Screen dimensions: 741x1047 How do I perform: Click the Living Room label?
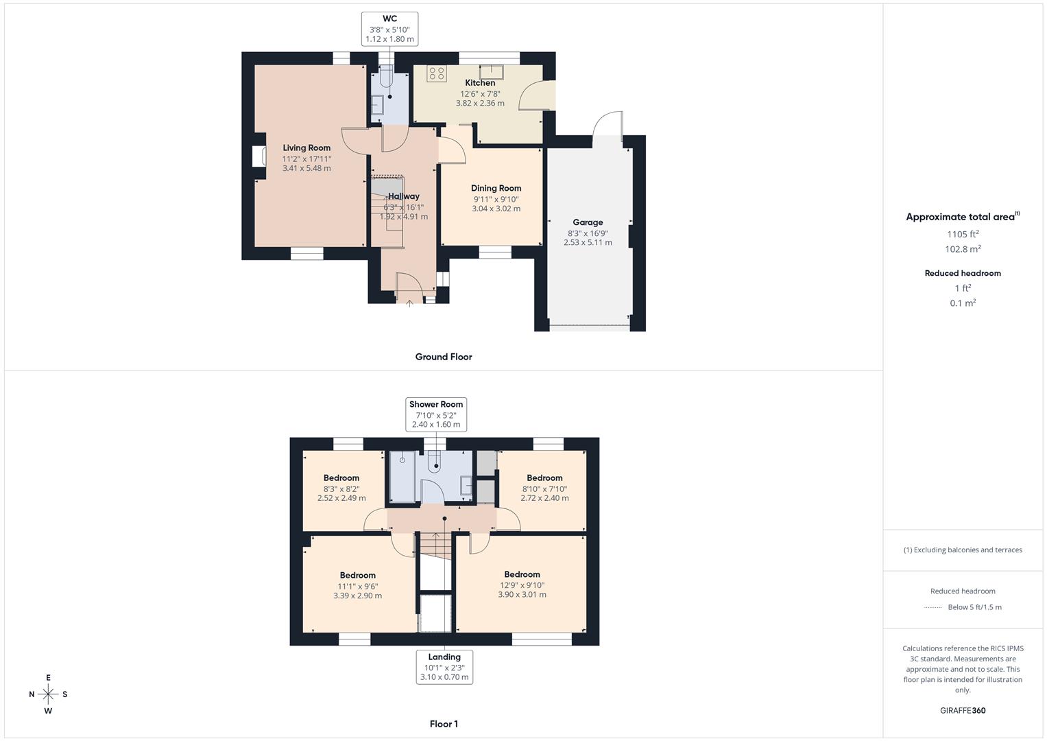click(306, 148)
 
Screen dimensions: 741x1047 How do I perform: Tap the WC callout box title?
click(389, 19)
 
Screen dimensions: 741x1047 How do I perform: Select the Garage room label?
click(588, 222)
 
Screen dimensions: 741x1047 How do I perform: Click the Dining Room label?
click(496, 188)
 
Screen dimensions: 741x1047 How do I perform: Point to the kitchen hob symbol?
click(436, 73)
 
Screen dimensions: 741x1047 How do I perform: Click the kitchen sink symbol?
click(491, 71)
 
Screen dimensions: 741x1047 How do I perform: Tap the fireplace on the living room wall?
click(258, 156)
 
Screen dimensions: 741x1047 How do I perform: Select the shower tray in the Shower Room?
click(402, 476)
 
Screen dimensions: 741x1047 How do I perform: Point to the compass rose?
click(48, 694)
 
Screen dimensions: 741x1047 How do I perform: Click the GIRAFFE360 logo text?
click(963, 711)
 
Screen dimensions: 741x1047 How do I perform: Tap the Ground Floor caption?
click(444, 357)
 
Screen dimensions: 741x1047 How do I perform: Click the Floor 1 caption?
click(444, 724)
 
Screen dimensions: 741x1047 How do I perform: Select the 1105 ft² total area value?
click(963, 234)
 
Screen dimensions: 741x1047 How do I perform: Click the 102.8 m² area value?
click(963, 250)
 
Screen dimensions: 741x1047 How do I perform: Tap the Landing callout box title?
click(444, 657)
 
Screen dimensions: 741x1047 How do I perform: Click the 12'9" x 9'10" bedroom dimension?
click(522, 585)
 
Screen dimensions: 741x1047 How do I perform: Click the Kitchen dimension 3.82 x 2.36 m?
click(480, 104)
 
